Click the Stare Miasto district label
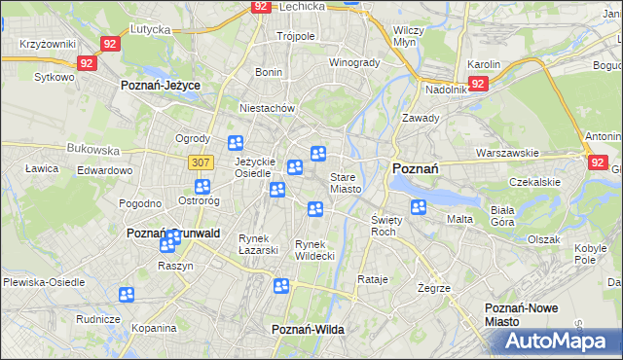(346, 183)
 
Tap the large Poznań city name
(415, 168)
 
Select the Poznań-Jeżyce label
(161, 86)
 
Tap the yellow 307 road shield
(202, 162)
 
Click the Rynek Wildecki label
(314, 250)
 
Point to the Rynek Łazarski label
(259, 244)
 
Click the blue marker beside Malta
(419, 206)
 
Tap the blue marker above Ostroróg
(202, 187)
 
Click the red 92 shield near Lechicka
(260, 6)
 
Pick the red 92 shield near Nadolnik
(477, 85)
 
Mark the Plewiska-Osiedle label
(43, 281)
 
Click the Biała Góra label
(502, 215)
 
